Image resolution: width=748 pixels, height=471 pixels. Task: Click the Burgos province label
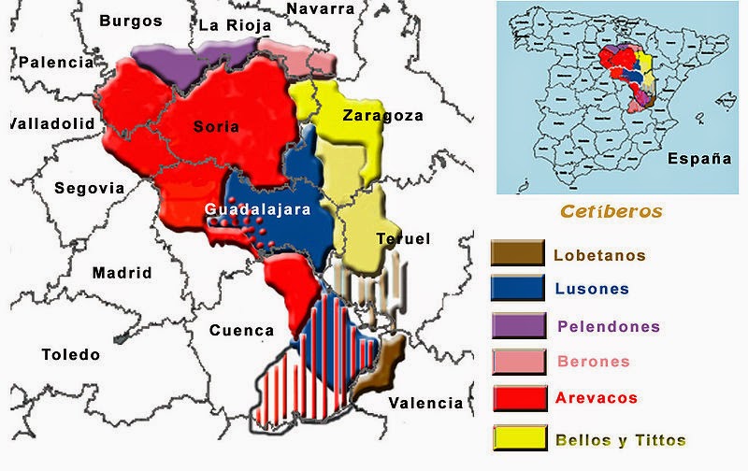tap(131, 21)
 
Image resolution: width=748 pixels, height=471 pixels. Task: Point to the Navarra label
tap(321, 8)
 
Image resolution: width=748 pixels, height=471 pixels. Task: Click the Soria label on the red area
tap(217, 126)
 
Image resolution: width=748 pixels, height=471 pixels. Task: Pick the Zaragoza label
tap(382, 116)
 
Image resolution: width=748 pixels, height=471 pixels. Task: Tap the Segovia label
tap(89, 188)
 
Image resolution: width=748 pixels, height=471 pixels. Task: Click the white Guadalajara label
tap(257, 210)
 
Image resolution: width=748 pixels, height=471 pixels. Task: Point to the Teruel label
tap(403, 239)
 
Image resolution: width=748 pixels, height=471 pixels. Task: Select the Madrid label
tap(122, 273)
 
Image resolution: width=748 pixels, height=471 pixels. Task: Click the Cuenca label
tap(242, 330)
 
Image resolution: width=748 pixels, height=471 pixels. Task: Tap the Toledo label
tap(70, 354)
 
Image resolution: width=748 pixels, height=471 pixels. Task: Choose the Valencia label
tap(425, 403)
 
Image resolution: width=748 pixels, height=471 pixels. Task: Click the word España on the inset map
tap(699, 159)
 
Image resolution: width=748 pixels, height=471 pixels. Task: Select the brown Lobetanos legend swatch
tap(517, 252)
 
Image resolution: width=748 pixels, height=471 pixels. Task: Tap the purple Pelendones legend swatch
tap(517, 325)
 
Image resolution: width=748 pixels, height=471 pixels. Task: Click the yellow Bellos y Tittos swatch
tap(517, 437)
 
